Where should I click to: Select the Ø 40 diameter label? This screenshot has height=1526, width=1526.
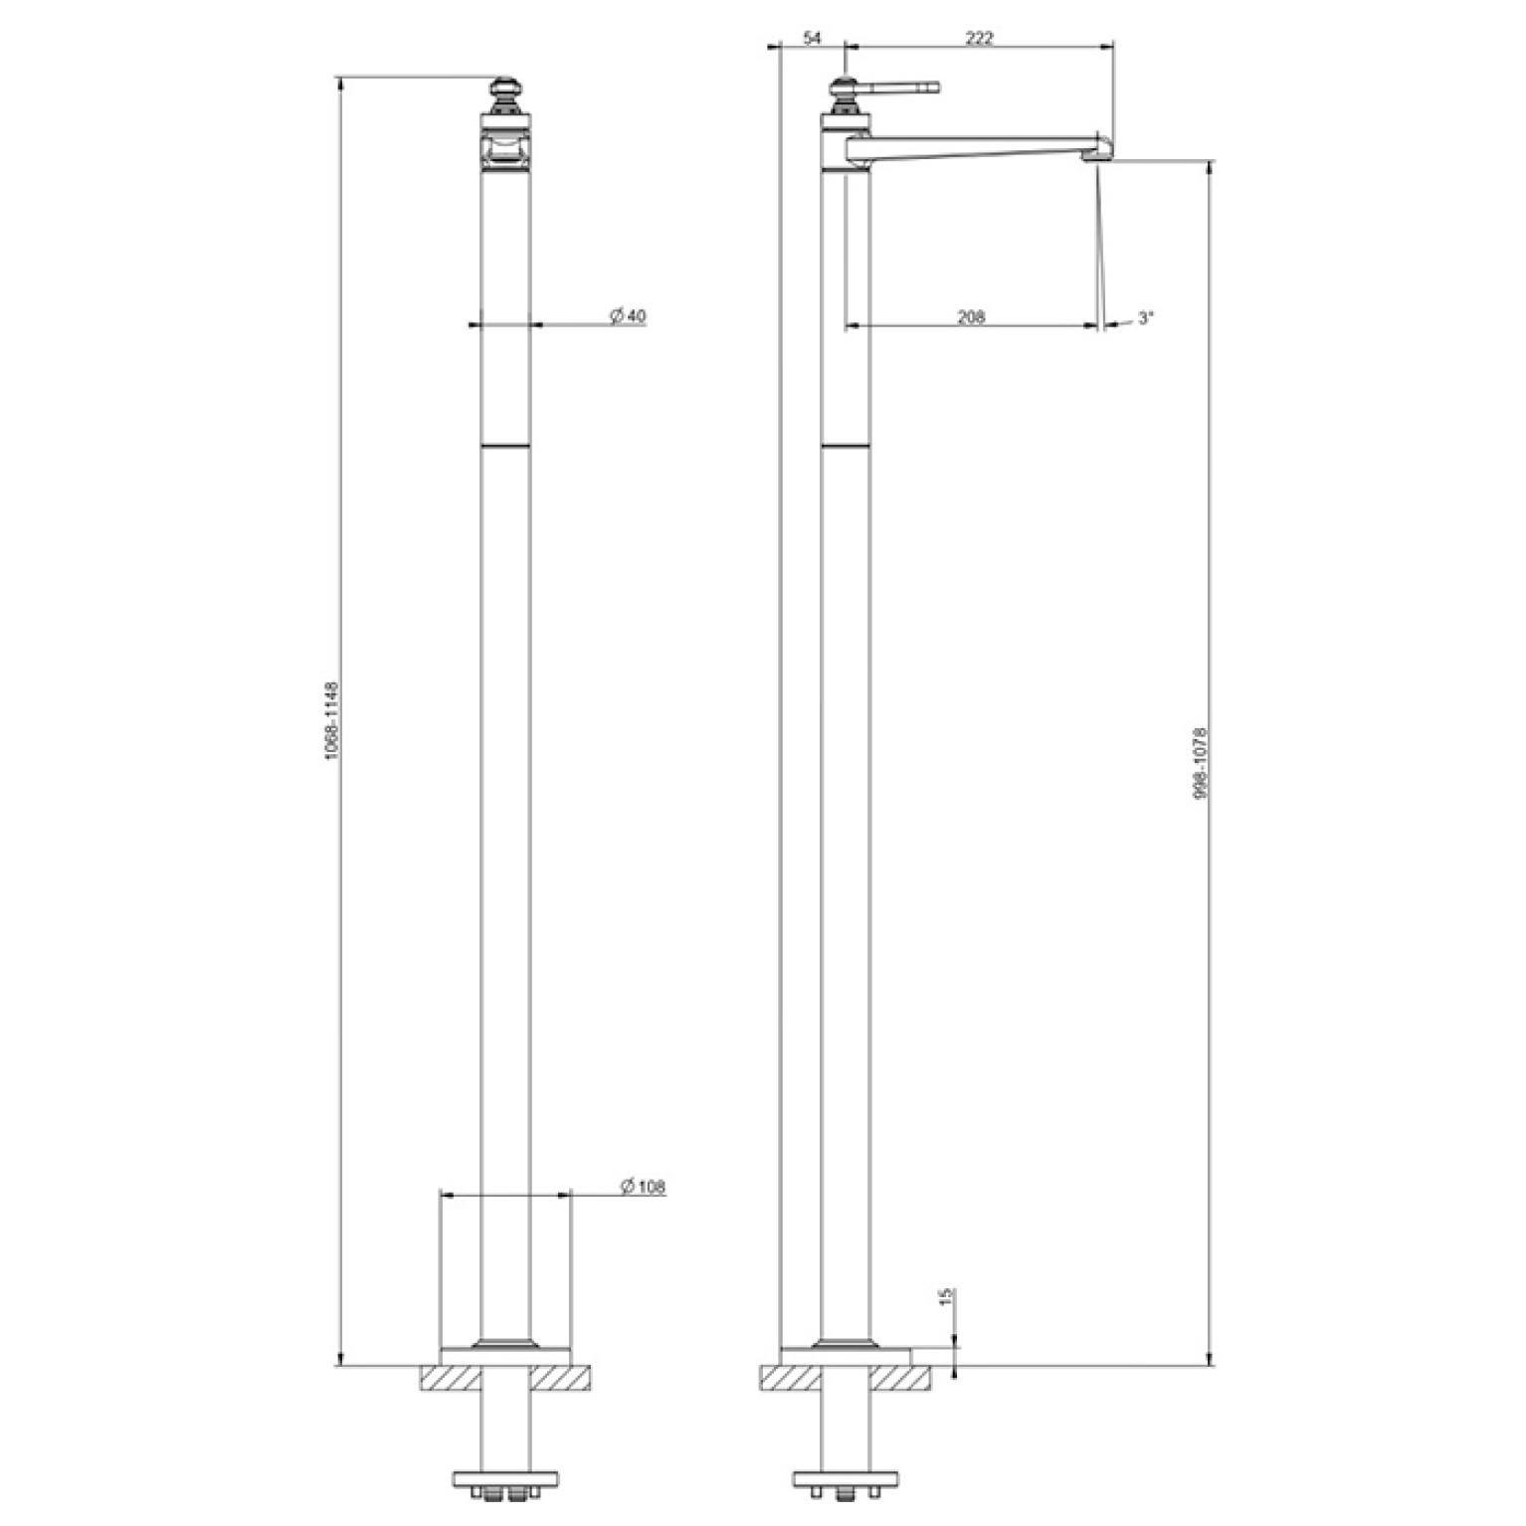click(x=628, y=316)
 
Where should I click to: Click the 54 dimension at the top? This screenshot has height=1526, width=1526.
click(x=813, y=39)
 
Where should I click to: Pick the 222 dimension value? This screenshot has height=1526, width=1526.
click(x=980, y=39)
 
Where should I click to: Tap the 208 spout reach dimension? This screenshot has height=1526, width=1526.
click(x=971, y=317)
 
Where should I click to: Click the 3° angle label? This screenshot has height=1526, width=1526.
click(x=1146, y=318)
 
